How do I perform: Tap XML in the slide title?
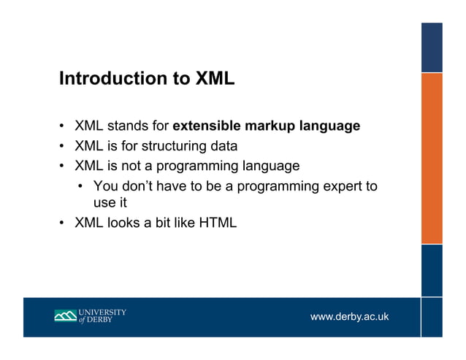click(x=215, y=79)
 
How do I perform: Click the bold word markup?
click(x=270, y=126)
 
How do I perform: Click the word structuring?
click(x=169, y=146)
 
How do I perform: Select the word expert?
click(x=341, y=186)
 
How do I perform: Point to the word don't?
click(x=137, y=186)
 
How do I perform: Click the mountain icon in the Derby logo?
click(x=65, y=316)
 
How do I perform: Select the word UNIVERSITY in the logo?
click(x=102, y=313)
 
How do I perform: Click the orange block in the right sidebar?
click(x=432, y=157)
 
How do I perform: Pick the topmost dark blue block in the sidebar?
click(x=432, y=47)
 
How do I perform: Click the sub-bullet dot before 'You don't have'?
click(x=82, y=187)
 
